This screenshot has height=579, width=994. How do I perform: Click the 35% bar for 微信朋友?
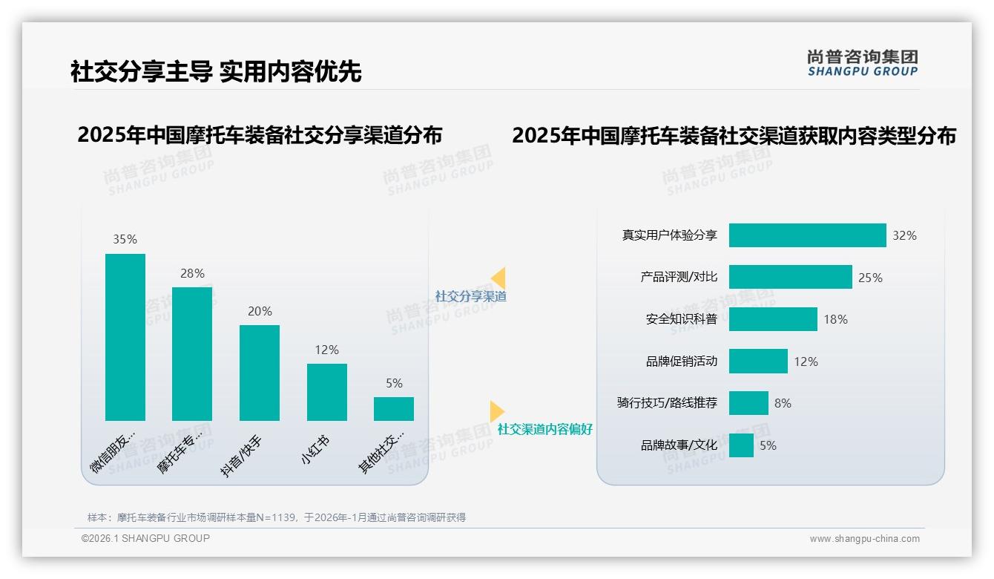pos(125,337)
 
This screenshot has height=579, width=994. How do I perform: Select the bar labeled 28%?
pos(192,354)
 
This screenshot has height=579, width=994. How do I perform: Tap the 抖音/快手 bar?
pos(260,373)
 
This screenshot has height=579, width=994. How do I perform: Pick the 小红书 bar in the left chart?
pos(327,392)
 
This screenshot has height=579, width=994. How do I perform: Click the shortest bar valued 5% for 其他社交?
pos(394,409)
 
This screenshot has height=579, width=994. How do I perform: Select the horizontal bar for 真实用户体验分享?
pos(807,235)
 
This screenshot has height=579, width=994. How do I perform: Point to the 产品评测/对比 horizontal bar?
pos(790,277)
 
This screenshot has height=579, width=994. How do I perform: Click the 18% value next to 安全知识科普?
pos(835,319)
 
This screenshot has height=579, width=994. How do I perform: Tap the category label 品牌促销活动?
pos(682,362)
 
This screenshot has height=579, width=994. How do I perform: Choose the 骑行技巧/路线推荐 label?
pos(668,403)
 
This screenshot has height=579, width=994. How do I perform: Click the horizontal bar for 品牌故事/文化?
pos(741,445)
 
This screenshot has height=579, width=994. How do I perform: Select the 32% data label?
pos(904,235)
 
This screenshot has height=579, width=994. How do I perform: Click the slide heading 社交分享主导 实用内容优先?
pos(216,71)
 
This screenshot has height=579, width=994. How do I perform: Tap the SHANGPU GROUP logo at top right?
pos(863,62)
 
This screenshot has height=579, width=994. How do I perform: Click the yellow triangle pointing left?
pos(498,278)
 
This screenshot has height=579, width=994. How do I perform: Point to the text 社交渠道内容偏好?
pos(545,429)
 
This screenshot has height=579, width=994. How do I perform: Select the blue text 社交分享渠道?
pos(470,296)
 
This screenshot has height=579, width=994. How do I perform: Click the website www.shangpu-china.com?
pos(864,539)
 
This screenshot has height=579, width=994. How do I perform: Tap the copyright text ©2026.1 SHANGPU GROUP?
pos(145,538)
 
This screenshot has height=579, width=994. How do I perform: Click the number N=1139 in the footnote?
pos(280,517)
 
